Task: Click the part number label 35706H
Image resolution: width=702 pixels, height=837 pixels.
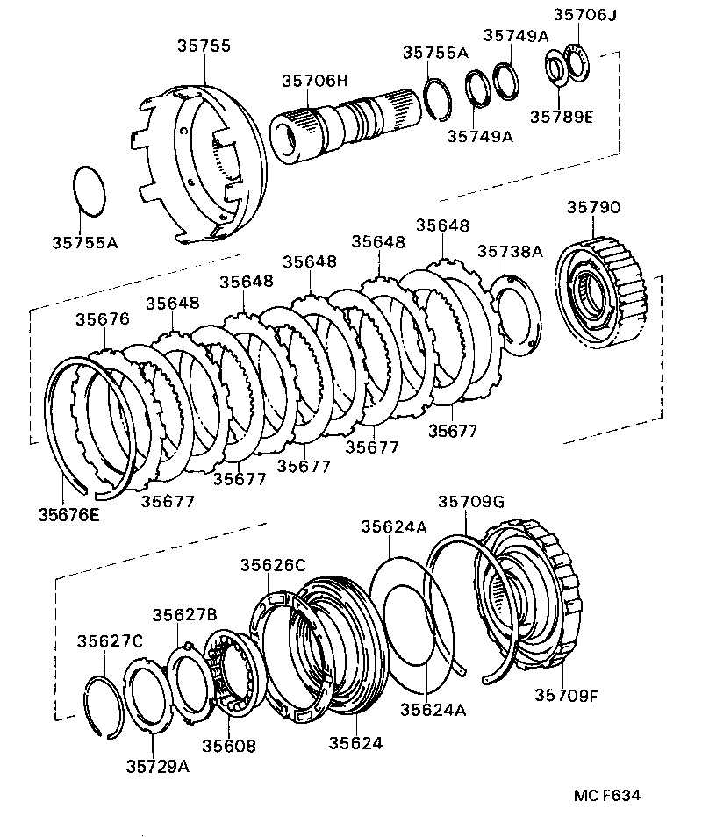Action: pos(315,81)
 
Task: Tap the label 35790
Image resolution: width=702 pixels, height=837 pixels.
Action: pos(594,208)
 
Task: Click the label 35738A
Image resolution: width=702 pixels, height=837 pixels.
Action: pos(510,251)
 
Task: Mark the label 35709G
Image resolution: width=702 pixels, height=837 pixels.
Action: pos(471,501)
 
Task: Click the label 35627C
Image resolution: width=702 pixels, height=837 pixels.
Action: pos(110,640)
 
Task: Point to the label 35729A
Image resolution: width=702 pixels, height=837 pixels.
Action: pos(157,766)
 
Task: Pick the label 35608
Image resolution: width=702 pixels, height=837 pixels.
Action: pos(229,746)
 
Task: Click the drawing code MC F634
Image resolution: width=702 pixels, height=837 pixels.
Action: pos(607,796)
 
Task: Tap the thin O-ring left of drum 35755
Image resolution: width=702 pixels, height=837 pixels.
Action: pos(88,189)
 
